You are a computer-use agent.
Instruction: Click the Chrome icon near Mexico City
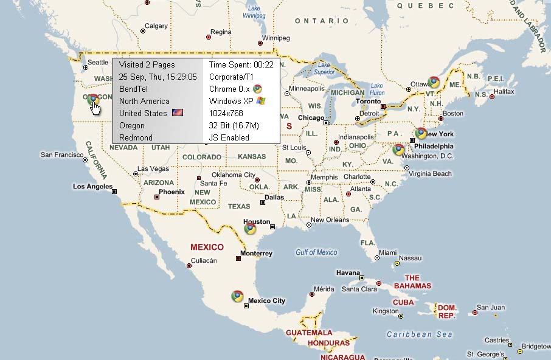click(x=237, y=296)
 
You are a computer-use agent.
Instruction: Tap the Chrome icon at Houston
click(x=250, y=229)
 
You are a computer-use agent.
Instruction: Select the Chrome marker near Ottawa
click(x=434, y=81)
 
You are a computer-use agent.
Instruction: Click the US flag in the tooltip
click(x=178, y=113)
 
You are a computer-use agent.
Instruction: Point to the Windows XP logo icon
click(x=261, y=101)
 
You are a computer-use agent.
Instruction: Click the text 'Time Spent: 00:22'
click(x=241, y=64)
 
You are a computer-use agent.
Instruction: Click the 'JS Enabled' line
click(x=229, y=137)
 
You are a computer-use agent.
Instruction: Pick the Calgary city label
click(x=156, y=26)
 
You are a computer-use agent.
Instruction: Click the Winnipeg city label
click(x=275, y=38)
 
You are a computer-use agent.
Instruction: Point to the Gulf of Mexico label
click(x=316, y=252)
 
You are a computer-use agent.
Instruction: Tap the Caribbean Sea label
click(x=420, y=334)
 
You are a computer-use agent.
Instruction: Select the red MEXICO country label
click(x=207, y=247)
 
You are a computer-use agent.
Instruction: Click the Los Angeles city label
click(x=92, y=186)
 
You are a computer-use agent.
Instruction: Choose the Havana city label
click(x=348, y=272)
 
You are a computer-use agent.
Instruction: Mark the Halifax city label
click(x=504, y=91)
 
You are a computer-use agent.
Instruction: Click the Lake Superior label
click(x=324, y=68)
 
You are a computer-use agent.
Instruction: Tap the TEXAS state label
click(x=239, y=206)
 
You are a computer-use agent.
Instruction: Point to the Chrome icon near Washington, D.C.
click(x=399, y=149)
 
